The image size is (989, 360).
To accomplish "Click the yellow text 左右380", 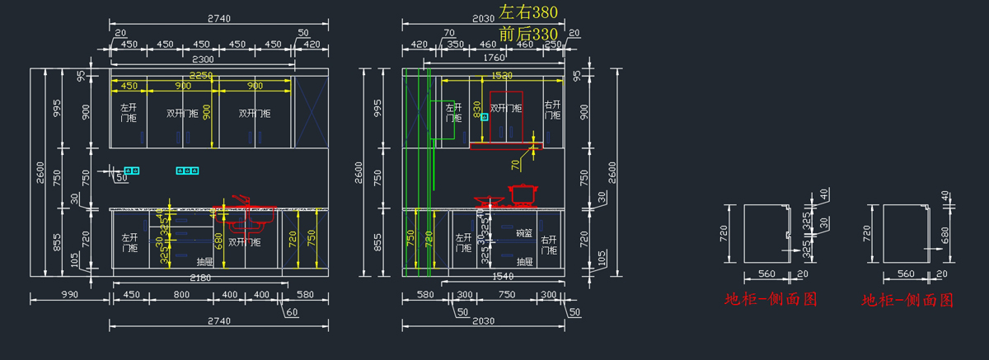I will [x=528, y=12].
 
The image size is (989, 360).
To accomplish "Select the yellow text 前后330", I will [x=528, y=35].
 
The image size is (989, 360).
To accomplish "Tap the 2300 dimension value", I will [x=203, y=58].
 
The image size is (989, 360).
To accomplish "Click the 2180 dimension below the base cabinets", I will [x=200, y=278].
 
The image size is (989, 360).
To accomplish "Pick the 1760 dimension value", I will [x=494, y=58].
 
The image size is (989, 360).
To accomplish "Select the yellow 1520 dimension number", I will [x=502, y=75].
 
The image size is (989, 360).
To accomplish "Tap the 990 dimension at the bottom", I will [x=69, y=294].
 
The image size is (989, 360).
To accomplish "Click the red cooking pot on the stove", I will [x=522, y=194].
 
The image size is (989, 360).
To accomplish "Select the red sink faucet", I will [x=240, y=199].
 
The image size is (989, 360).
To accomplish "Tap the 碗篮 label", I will [x=524, y=233].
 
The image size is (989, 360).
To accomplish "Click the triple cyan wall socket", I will [x=187, y=171].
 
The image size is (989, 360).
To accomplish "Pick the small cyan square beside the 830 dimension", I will [x=485, y=118].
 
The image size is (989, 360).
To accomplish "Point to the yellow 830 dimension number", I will [x=476, y=108].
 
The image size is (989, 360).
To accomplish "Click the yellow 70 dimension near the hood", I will [x=516, y=165].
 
